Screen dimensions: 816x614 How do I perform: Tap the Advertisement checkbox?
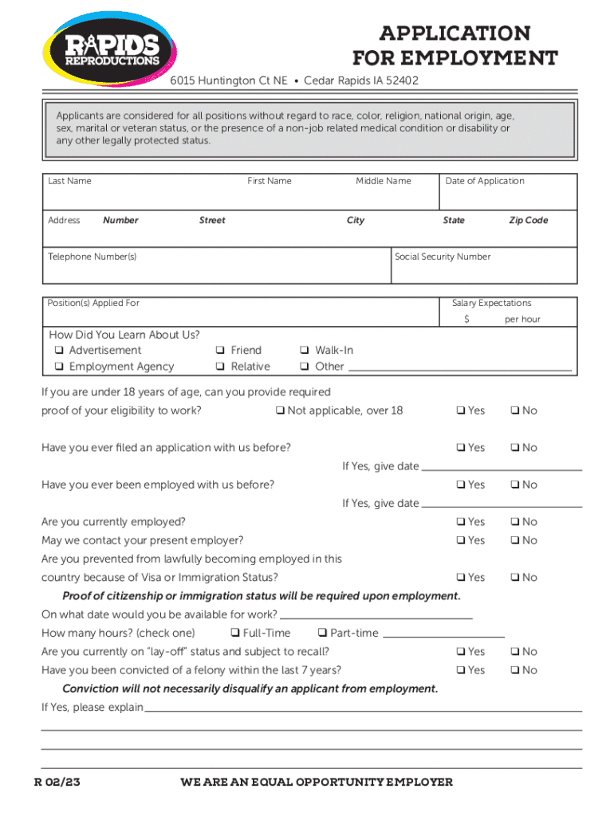(x=59, y=351)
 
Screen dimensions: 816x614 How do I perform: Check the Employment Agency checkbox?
(x=59, y=367)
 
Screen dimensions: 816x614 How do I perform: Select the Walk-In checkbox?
(x=305, y=351)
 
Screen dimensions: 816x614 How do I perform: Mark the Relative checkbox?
(x=220, y=367)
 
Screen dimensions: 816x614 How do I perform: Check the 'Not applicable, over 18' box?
(x=280, y=411)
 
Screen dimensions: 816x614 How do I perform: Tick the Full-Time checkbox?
(x=236, y=634)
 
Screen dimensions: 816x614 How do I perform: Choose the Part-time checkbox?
(x=323, y=634)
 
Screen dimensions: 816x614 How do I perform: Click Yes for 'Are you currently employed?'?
(x=461, y=522)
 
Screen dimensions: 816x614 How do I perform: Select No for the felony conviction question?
(x=515, y=671)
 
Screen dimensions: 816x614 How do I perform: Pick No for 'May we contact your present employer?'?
(x=515, y=541)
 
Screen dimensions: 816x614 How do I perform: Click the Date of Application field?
(x=508, y=198)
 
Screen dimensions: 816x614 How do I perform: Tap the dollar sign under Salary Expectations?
(x=468, y=320)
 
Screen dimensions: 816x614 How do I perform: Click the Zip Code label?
(x=528, y=221)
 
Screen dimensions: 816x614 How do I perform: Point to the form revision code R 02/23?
(x=57, y=782)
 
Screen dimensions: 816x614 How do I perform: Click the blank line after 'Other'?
(x=459, y=370)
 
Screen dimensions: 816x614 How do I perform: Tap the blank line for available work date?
(x=376, y=617)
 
